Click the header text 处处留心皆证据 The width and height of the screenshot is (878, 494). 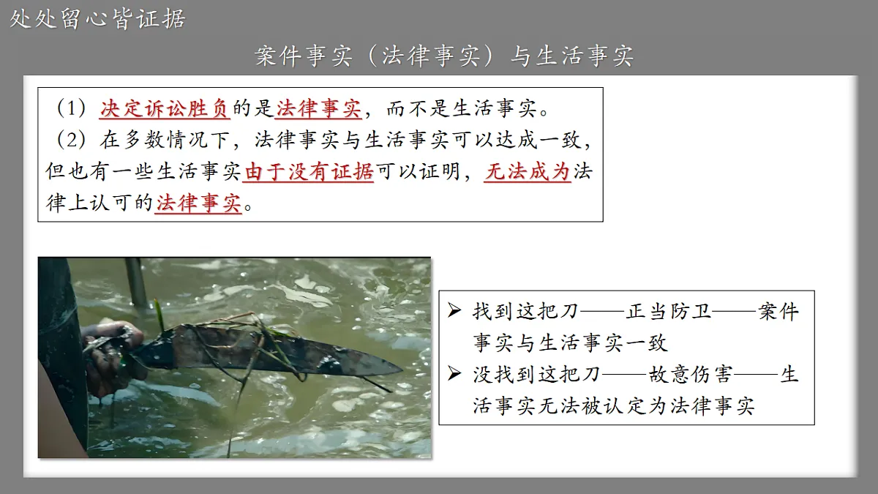(x=97, y=18)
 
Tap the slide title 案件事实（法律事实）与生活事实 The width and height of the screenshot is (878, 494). (x=444, y=56)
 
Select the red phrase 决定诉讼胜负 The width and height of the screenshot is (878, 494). (x=165, y=110)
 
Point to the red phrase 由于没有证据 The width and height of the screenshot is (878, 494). (x=309, y=172)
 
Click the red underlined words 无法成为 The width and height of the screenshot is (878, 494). (x=527, y=172)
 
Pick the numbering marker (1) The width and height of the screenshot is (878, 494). (x=70, y=110)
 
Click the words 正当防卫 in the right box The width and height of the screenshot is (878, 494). (x=668, y=312)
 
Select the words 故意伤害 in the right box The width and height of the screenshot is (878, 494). (x=690, y=375)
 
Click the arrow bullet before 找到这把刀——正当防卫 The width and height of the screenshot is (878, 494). (x=455, y=312)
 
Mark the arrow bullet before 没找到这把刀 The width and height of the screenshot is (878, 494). (x=455, y=375)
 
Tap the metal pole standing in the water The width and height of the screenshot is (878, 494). (x=136, y=282)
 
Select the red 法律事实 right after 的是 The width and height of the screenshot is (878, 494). (x=318, y=110)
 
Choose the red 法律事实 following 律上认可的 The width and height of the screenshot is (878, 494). (x=198, y=203)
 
